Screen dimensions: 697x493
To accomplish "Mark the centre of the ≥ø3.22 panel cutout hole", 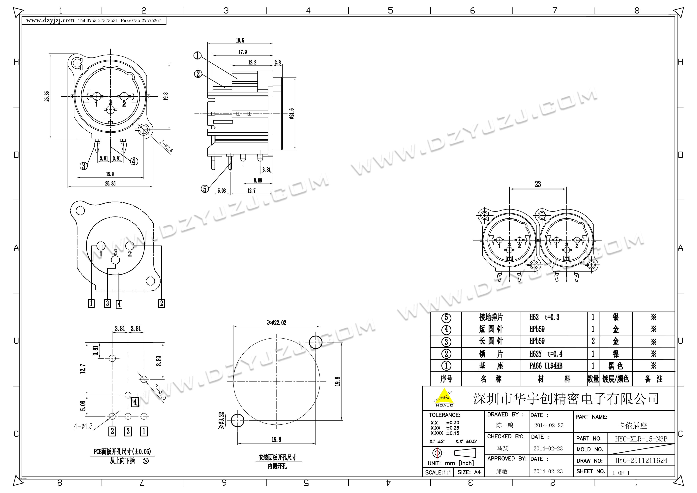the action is [x=237, y=421].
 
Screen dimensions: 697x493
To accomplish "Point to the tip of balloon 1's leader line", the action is [x=237, y=78].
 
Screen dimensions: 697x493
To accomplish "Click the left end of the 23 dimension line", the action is [x=509, y=189].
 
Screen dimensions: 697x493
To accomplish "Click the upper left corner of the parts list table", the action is [x=431, y=312].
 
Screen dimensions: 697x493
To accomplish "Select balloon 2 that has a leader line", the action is [x=198, y=74].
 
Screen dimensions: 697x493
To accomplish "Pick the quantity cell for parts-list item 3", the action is [x=593, y=342].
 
